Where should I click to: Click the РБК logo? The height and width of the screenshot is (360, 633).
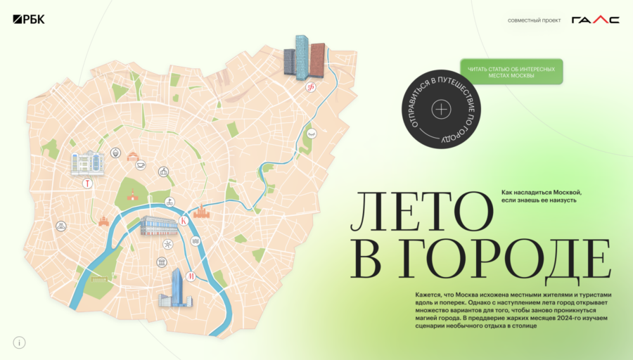(x=28, y=20)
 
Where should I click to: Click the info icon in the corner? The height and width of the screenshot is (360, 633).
(x=20, y=342)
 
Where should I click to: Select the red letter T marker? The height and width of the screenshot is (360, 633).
(x=87, y=184)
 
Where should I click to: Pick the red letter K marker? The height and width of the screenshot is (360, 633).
(x=184, y=221)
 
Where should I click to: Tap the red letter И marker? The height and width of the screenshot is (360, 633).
(x=191, y=275)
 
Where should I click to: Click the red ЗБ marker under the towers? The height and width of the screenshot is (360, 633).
(x=310, y=87)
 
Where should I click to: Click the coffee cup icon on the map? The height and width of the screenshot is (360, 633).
(x=141, y=165)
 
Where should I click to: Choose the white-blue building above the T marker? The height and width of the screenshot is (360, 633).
(x=87, y=162)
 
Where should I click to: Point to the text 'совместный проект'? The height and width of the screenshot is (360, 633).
(x=534, y=20)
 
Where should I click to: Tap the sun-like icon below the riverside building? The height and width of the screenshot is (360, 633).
(x=167, y=244)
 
